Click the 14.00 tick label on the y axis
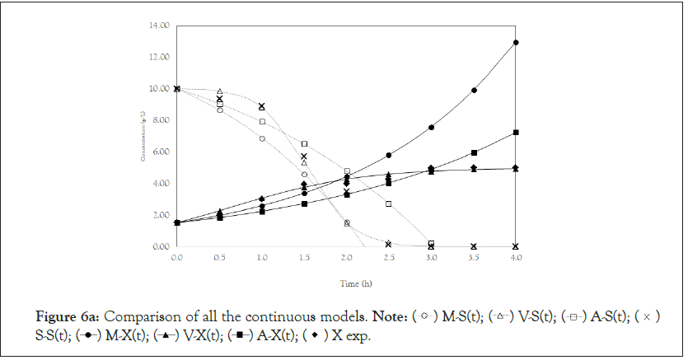(159, 26)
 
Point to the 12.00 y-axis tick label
(159, 57)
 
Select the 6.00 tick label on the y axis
(161, 152)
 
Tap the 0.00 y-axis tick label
(161, 246)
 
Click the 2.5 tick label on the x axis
(388, 259)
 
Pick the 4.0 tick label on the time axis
(515, 259)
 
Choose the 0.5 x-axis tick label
(219, 259)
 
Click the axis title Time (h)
(345, 283)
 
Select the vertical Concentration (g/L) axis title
(144, 137)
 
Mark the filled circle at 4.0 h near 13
(515, 42)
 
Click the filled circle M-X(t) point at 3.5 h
(473, 90)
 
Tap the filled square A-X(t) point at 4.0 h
(515, 133)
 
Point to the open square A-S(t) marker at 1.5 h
(304, 144)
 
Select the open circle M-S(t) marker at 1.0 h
(262, 138)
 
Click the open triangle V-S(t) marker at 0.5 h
(219, 91)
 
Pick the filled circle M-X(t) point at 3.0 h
(431, 128)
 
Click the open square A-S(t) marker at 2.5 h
(388, 203)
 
